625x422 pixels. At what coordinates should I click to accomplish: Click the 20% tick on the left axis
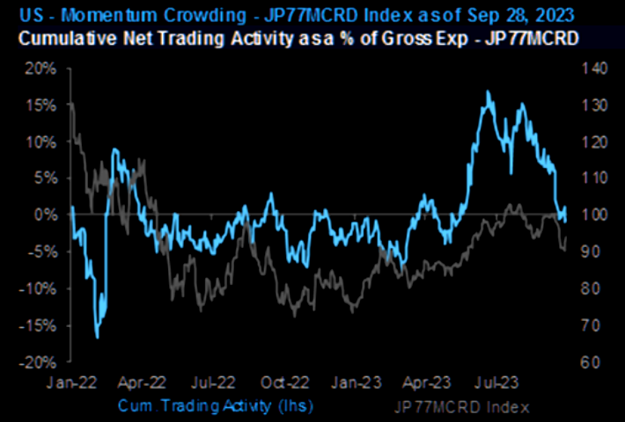tap(44, 68)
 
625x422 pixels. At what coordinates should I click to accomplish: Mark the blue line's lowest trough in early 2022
tap(97, 337)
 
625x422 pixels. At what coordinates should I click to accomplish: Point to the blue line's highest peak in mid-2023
tap(487, 91)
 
